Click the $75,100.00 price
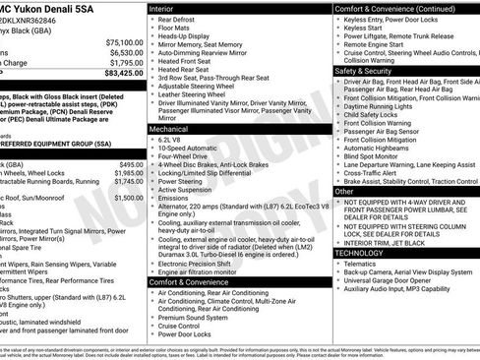coord(124,43)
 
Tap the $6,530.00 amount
coord(125,53)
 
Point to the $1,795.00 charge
coord(125,63)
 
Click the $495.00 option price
coord(131,164)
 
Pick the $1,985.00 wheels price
coord(128,173)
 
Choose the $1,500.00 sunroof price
coord(128,198)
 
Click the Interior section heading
coord(168,8)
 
